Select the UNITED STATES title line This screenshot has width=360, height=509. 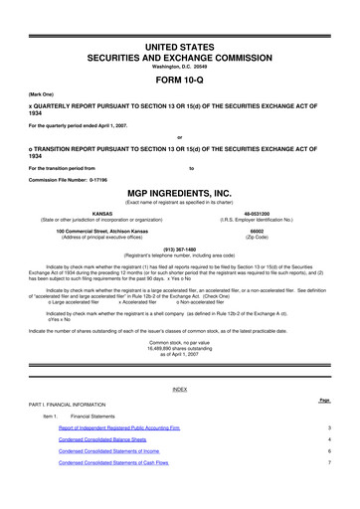point(179,20)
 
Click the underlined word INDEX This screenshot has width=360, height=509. point(179,388)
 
